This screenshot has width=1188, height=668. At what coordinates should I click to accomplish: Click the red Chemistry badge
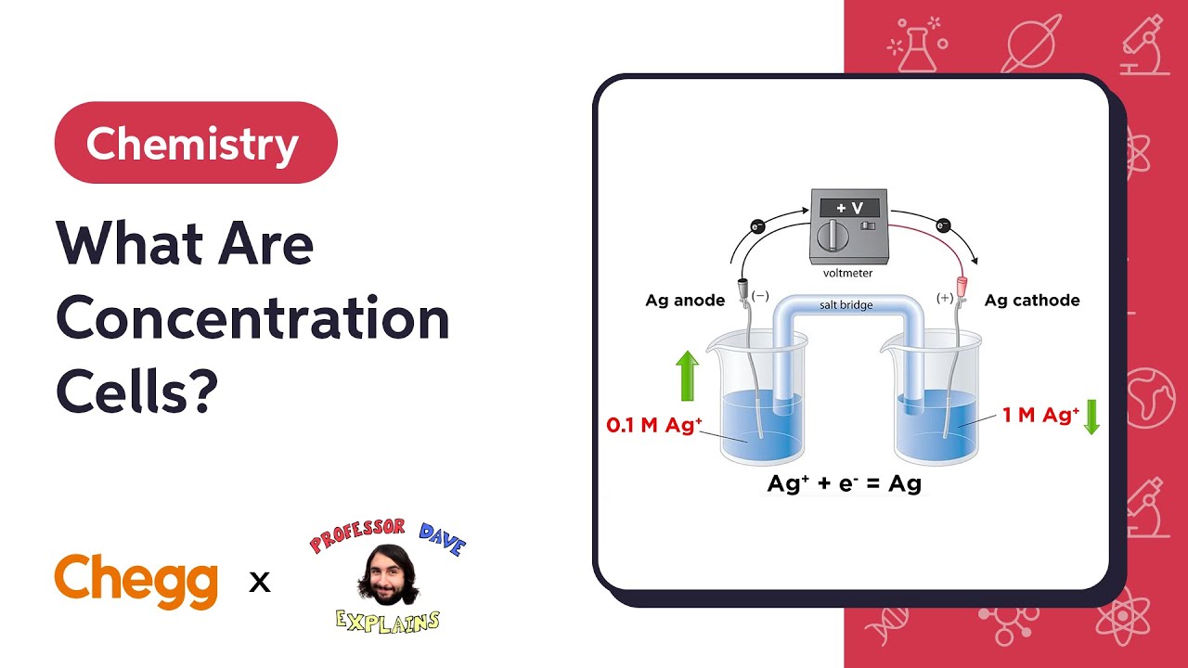click(x=196, y=143)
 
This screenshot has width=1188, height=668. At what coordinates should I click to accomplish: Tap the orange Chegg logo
click(x=136, y=581)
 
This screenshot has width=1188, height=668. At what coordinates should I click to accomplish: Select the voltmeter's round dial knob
click(x=833, y=236)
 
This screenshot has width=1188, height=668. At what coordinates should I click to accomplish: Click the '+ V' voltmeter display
click(x=850, y=208)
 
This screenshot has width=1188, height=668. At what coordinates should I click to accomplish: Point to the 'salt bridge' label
click(x=846, y=305)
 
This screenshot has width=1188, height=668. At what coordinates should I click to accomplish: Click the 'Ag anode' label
click(x=685, y=301)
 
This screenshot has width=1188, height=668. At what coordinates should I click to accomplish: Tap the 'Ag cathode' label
click(x=1032, y=301)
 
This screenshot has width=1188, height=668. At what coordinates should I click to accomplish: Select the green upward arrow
click(x=687, y=376)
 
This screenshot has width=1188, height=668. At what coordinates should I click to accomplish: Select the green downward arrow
click(x=1091, y=416)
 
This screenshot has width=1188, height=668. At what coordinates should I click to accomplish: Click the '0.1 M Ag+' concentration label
click(x=654, y=425)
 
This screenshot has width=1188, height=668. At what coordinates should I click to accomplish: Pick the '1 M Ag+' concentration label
click(x=1040, y=415)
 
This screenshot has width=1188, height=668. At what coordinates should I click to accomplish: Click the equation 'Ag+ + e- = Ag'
click(x=844, y=483)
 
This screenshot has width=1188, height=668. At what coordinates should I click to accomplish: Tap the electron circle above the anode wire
click(x=757, y=225)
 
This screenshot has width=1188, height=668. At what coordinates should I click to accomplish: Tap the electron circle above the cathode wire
click(x=944, y=225)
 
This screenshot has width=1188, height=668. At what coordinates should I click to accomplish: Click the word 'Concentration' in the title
click(x=252, y=319)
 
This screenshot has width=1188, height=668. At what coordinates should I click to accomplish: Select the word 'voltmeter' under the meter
click(x=847, y=274)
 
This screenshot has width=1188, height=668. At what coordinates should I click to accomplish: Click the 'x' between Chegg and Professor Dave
click(x=260, y=583)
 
